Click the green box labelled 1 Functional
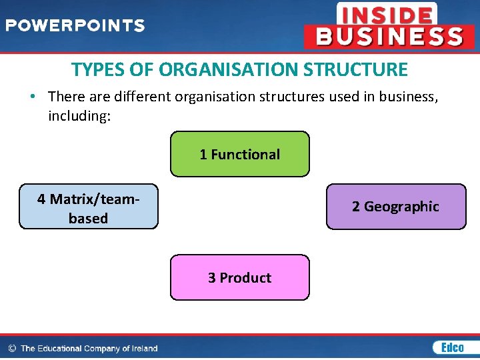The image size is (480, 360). click(240, 154)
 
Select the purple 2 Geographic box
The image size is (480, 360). click(396, 207)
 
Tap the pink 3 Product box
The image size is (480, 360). click(240, 277)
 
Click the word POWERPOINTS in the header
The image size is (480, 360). click(75, 26)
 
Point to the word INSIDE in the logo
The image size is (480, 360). click(386, 14)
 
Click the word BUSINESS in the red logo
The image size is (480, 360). click(389, 36)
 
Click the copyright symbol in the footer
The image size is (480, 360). click(11, 348)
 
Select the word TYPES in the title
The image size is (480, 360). click(93, 69)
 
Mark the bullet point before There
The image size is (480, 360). click(33, 97)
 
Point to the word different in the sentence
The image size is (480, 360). click(142, 97)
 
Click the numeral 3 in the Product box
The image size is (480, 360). click(212, 278)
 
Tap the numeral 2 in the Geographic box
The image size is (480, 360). click(356, 207)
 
